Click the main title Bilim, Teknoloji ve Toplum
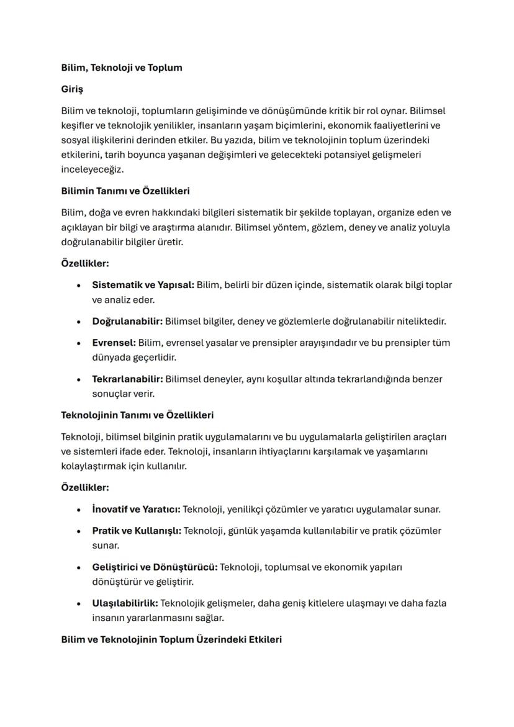click(x=122, y=68)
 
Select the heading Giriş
click(x=72, y=89)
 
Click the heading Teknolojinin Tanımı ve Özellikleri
click(x=137, y=415)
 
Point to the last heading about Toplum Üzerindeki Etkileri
click(x=171, y=639)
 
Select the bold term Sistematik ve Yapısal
click(x=143, y=285)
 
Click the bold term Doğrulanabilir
click(x=127, y=321)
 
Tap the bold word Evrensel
click(x=114, y=343)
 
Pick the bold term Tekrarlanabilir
click(x=127, y=379)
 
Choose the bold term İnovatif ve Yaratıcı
click(x=136, y=509)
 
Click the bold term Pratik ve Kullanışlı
click(x=137, y=531)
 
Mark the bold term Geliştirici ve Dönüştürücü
click(x=155, y=567)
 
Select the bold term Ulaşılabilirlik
click(x=125, y=603)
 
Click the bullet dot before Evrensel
click(x=79, y=343)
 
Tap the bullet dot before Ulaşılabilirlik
click(x=79, y=603)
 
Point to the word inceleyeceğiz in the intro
click(x=92, y=169)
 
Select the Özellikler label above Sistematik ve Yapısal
click(x=85, y=263)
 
